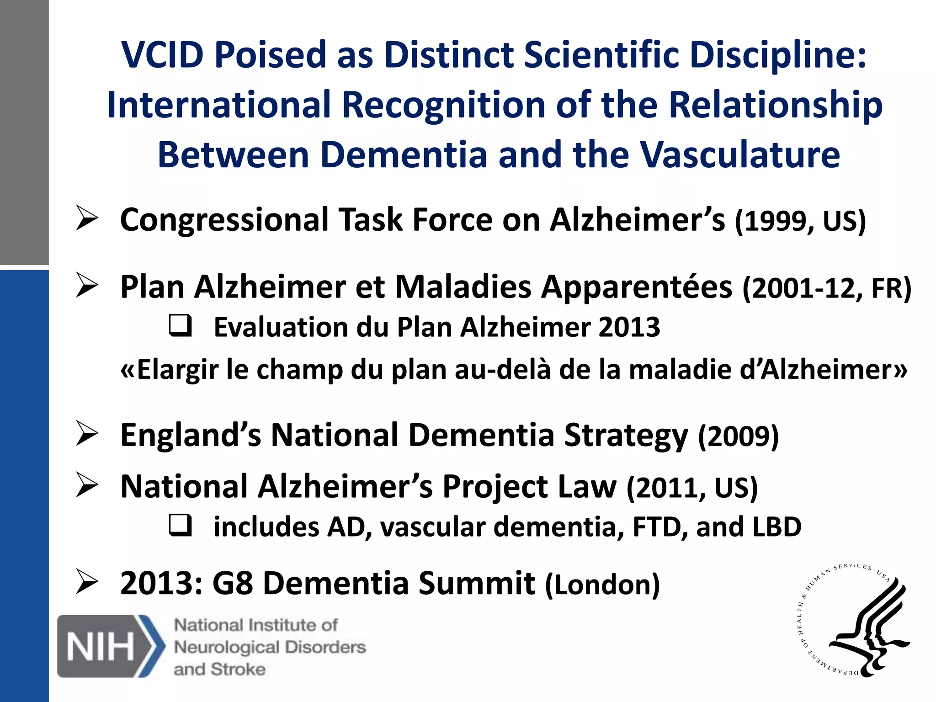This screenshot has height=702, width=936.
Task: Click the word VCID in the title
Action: (162, 55)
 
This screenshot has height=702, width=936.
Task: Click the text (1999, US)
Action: (800, 221)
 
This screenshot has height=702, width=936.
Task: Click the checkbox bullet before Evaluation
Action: (180, 326)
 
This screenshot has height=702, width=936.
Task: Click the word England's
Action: (191, 435)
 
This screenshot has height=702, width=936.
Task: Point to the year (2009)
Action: (738, 436)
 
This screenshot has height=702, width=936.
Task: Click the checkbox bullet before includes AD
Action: (180, 525)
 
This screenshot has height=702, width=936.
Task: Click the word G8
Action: (233, 584)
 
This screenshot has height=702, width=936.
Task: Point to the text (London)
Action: (603, 585)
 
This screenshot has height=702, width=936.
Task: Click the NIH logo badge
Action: (111, 646)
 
